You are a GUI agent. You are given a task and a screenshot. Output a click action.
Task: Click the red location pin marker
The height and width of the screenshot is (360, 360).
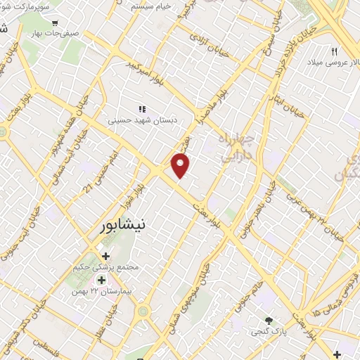[x=181, y=165]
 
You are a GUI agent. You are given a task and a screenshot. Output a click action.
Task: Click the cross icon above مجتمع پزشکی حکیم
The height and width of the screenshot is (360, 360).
[x=105, y=256]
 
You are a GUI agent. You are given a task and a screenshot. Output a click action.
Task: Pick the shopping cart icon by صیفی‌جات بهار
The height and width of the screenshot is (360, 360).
[x=55, y=22]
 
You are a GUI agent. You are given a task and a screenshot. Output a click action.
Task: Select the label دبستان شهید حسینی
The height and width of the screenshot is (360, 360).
[x=143, y=120]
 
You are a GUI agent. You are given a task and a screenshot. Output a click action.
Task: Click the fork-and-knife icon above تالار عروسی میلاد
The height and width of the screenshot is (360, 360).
[x=335, y=51]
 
